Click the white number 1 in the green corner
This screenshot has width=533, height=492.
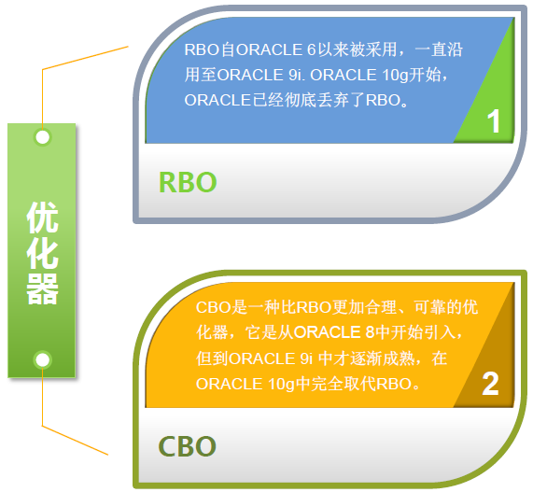point(494,121)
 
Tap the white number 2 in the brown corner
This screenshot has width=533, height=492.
point(490,384)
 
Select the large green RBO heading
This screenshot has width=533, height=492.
point(188,183)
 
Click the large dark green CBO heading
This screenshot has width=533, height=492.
point(188,446)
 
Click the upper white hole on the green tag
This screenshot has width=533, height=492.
point(43,137)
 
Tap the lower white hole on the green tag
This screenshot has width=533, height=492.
point(43,359)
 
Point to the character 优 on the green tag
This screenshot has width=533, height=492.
point(43,218)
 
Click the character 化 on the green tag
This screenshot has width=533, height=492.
point(43,253)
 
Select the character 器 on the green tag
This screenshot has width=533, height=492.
point(43,289)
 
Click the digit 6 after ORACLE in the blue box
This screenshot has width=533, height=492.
point(312,49)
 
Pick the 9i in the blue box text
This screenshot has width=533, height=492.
point(295,75)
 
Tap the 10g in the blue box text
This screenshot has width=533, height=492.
point(395,76)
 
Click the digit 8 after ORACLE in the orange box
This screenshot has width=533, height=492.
point(370,332)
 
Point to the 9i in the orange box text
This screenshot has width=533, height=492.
point(306,358)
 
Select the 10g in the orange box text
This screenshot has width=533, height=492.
point(281,385)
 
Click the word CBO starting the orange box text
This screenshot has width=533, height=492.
point(214,307)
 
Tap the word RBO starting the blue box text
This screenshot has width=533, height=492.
point(202,49)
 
